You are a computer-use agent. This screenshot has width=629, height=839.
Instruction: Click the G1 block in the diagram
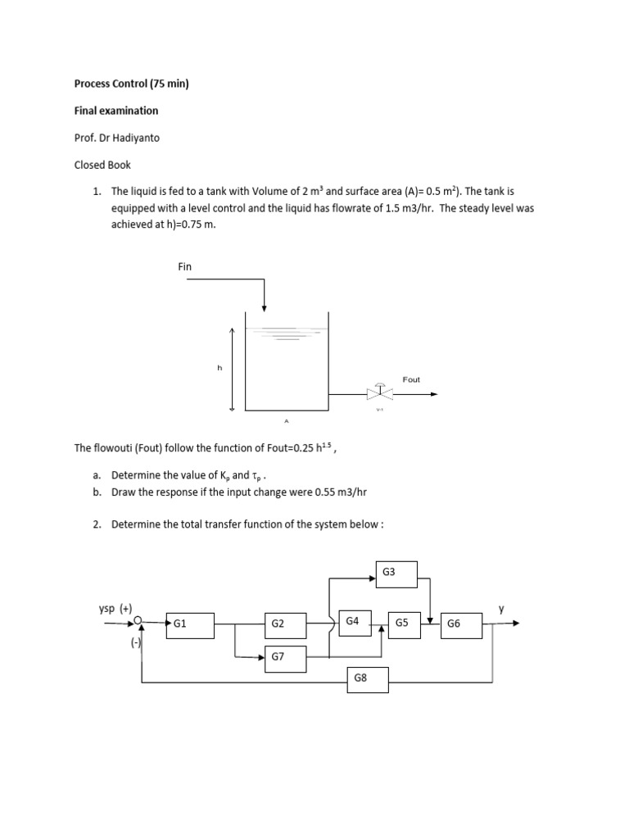click(190, 624)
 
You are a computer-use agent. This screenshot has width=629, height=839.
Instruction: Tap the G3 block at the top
click(396, 574)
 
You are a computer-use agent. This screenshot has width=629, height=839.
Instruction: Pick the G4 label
click(353, 621)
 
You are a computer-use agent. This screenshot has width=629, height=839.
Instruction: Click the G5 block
click(404, 624)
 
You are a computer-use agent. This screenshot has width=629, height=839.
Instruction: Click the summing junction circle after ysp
click(140, 623)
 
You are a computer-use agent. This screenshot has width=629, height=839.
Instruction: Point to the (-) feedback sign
click(136, 644)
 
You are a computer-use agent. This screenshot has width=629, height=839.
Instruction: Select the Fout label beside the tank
click(411, 379)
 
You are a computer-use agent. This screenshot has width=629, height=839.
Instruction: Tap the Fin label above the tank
click(185, 266)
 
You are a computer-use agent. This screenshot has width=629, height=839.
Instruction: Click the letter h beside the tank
click(219, 368)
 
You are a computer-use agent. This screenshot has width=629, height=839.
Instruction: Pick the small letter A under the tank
click(287, 421)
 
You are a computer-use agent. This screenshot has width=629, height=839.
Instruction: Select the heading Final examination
click(116, 110)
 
